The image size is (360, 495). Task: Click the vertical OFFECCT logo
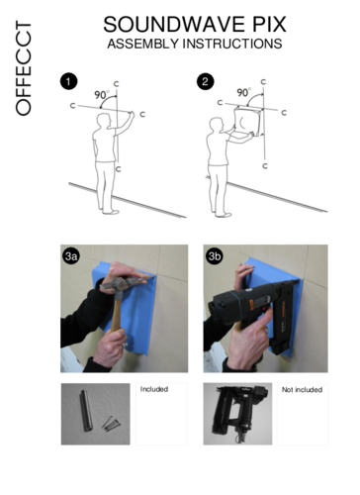coord(24,68)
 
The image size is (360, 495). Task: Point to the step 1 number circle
coord(68,81)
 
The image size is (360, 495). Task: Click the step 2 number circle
coord(206,81)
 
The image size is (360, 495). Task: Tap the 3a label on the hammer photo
coord(71,255)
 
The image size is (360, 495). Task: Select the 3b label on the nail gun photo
coord(215,255)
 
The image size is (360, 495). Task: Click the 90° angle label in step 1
coord(101,95)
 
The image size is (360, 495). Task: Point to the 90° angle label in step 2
coord(243,92)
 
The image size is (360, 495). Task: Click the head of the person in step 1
coord(104,121)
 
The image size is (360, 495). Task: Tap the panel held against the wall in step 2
coord(247,121)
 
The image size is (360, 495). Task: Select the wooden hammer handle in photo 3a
coord(116,311)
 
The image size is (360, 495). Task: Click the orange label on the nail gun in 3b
coord(252,304)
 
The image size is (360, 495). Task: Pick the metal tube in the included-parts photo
coord(86,411)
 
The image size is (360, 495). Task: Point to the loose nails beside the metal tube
coord(111,424)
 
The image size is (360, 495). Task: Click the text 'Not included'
coord(302,390)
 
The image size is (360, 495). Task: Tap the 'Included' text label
coord(154,389)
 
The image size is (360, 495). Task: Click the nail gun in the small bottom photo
coord(238,413)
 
